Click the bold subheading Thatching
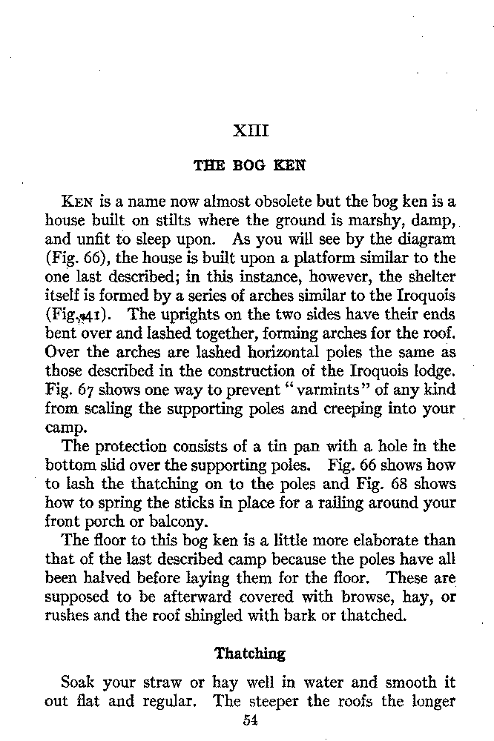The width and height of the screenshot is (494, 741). tap(250, 654)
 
